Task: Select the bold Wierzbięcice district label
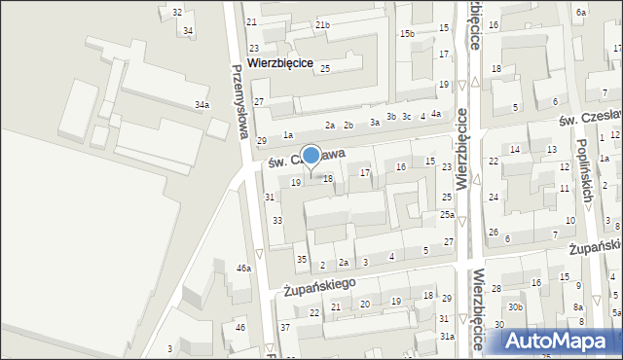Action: pos(280,61)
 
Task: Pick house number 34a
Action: pos(202,104)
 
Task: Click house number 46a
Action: pos(243,268)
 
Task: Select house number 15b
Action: pos(407,34)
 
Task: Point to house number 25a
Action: pos(447,215)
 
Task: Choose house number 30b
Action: pos(515,307)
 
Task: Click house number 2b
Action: pos(348,125)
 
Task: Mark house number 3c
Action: pos(407,117)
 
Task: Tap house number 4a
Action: pos(436,114)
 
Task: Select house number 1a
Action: pos(287,135)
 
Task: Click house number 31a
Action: pos(447,336)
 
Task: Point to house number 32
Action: pos(176,12)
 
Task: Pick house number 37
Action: pos(285,327)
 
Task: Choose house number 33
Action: pos(277,221)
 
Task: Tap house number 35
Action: pos(302,259)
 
